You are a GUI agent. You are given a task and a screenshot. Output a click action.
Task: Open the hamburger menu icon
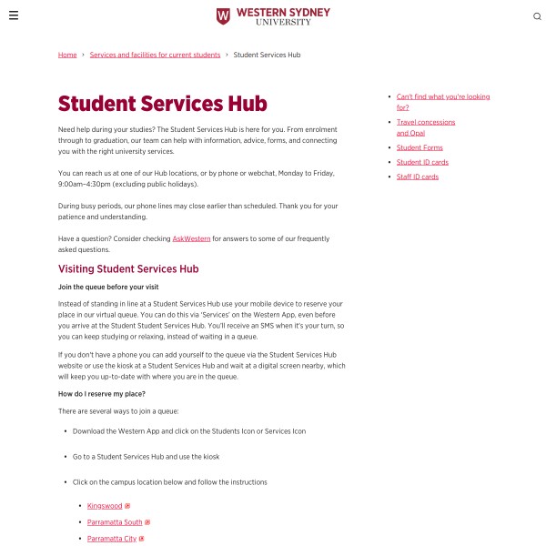point(14,15)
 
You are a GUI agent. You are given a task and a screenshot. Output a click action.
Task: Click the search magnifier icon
point(537,16)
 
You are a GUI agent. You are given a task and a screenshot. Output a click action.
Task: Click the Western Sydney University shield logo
point(223,16)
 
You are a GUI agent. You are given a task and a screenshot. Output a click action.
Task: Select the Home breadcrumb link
point(67,55)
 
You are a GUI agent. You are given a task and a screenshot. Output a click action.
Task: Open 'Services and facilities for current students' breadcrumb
point(155,55)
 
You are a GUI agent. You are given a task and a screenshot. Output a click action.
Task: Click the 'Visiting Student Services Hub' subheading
point(128,269)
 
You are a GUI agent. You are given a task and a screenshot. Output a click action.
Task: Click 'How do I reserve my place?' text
point(101,394)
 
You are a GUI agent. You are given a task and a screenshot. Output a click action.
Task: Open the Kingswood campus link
point(105,505)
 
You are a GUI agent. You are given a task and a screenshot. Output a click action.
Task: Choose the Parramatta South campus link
point(115,522)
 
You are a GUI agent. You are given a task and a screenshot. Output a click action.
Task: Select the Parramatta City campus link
point(112,539)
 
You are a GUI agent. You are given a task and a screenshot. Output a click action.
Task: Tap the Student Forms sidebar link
point(420,147)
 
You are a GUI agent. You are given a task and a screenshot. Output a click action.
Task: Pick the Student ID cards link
point(422,162)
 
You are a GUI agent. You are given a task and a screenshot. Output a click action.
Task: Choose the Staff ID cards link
point(418,177)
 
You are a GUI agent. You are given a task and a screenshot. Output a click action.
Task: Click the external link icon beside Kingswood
point(127,506)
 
